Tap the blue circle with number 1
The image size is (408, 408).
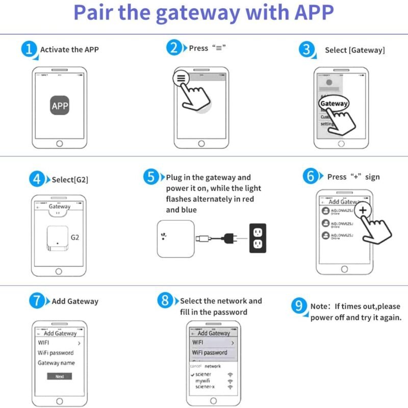click(30, 49)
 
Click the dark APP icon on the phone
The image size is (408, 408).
click(60, 106)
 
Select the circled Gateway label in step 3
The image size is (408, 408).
click(334, 104)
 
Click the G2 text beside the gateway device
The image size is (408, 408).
click(75, 237)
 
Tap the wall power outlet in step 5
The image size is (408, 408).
click(258, 237)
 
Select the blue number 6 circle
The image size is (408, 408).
click(311, 176)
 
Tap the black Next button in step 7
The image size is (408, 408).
click(60, 376)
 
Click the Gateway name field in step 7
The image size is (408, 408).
click(56, 363)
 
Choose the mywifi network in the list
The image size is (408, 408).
click(203, 380)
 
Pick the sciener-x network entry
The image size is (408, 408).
click(205, 387)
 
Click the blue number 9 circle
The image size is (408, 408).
click(299, 306)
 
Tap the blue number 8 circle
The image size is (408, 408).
click(165, 301)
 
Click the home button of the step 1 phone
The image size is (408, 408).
click(60, 144)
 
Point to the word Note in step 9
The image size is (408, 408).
click(319, 307)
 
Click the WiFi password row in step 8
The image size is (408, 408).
click(210, 352)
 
